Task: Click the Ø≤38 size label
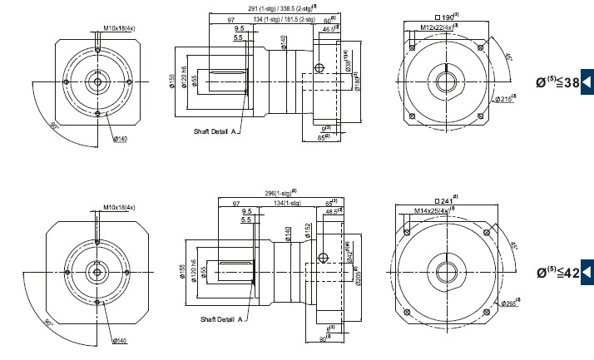(x=557, y=81)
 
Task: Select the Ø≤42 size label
(x=557, y=271)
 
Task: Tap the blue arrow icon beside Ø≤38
(x=587, y=81)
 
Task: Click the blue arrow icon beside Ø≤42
(x=587, y=271)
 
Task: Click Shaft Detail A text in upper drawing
(x=212, y=131)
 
